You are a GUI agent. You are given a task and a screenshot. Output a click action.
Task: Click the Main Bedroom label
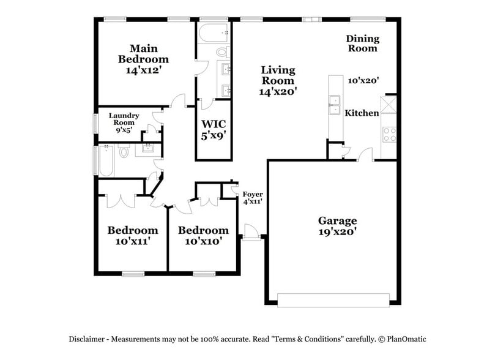(x=143, y=54)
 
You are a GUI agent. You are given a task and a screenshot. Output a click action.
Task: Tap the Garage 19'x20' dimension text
(x=337, y=232)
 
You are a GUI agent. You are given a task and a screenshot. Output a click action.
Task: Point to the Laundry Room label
(x=124, y=119)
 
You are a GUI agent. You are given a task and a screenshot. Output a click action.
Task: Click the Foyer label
(x=253, y=194)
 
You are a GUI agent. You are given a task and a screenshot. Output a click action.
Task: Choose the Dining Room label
(x=363, y=43)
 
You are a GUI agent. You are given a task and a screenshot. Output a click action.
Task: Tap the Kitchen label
(x=362, y=113)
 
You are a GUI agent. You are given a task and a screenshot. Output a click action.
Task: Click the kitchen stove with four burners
(x=389, y=134)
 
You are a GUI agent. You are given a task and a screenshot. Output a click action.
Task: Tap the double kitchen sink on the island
(x=335, y=105)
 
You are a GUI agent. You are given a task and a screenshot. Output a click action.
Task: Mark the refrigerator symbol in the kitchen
(x=388, y=103)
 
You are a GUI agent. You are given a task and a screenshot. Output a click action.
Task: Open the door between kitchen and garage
(x=365, y=154)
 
